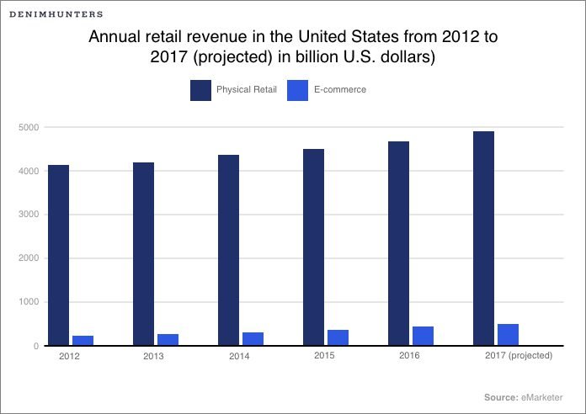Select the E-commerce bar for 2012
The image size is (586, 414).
(x=83, y=340)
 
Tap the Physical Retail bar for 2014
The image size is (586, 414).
(x=228, y=250)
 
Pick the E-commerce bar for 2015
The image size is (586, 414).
(x=338, y=337)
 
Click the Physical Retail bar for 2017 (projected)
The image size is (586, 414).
(x=483, y=238)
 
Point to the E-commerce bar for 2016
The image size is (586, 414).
(x=423, y=335)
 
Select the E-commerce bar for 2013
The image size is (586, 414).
(x=168, y=339)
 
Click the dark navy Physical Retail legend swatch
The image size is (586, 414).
(x=200, y=89)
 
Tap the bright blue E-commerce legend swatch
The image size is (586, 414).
(x=299, y=89)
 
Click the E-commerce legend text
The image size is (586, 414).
(x=340, y=90)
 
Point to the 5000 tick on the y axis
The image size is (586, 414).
(x=29, y=127)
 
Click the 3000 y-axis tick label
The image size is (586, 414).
(x=29, y=215)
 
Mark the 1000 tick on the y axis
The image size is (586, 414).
(x=29, y=302)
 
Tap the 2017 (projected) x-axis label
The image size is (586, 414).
(x=519, y=356)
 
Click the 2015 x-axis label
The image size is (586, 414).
(x=324, y=356)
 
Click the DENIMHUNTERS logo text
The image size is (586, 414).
(x=57, y=14)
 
